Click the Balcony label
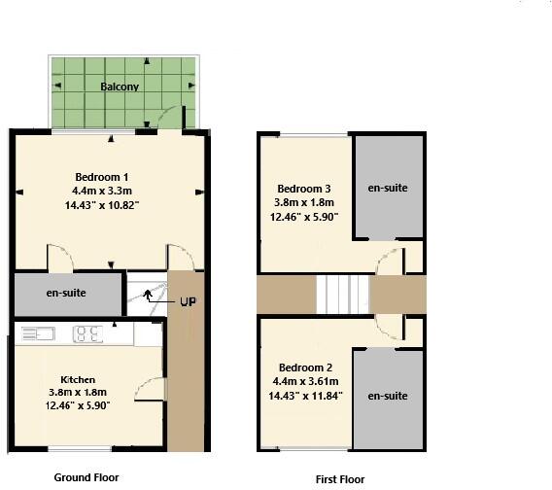point(120,87)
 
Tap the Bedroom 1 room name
point(102,177)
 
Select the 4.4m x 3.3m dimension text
point(102,191)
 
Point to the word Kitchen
point(78,380)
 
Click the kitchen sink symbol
point(38,333)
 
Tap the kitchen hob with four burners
point(87,333)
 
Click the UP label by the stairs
point(188,302)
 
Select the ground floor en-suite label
point(66,293)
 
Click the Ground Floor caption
point(86,477)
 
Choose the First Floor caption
point(340,479)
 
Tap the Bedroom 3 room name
point(304,189)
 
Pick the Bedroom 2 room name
point(305,367)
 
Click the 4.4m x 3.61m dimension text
point(305,381)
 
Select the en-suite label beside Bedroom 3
point(388,188)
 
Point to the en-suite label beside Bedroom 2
point(388,396)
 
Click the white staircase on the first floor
point(342,295)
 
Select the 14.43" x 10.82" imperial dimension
point(102,205)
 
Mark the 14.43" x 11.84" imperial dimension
point(305,396)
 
